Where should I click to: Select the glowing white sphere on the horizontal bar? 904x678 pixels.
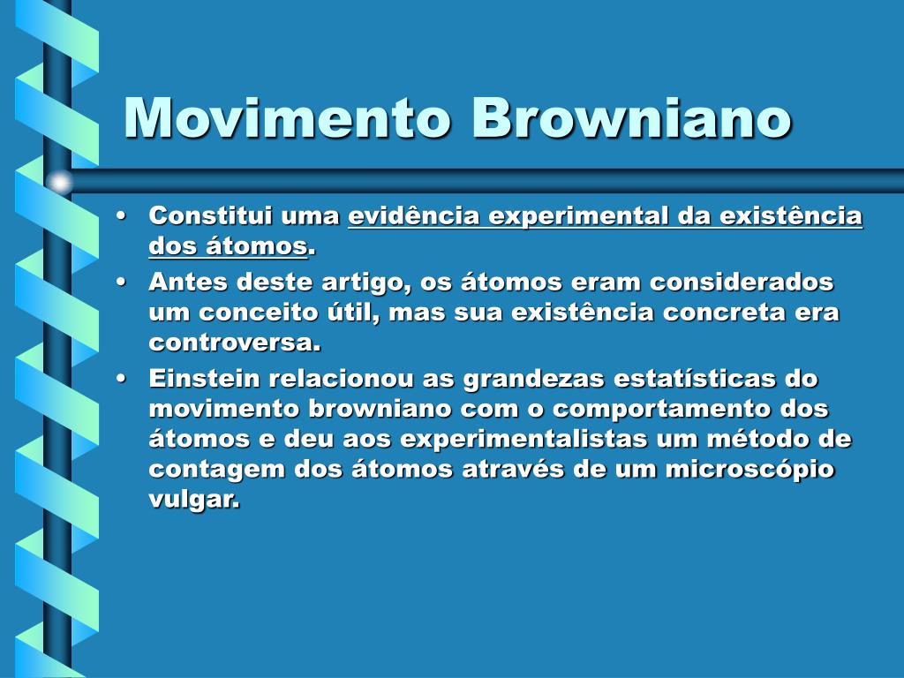(x=59, y=182)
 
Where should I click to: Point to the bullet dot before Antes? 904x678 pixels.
(x=120, y=282)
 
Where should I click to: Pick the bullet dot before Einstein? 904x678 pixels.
(x=120, y=379)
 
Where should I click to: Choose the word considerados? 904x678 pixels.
(x=742, y=282)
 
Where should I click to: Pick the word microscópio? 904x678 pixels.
(x=750, y=470)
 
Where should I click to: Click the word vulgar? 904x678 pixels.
(x=194, y=500)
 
